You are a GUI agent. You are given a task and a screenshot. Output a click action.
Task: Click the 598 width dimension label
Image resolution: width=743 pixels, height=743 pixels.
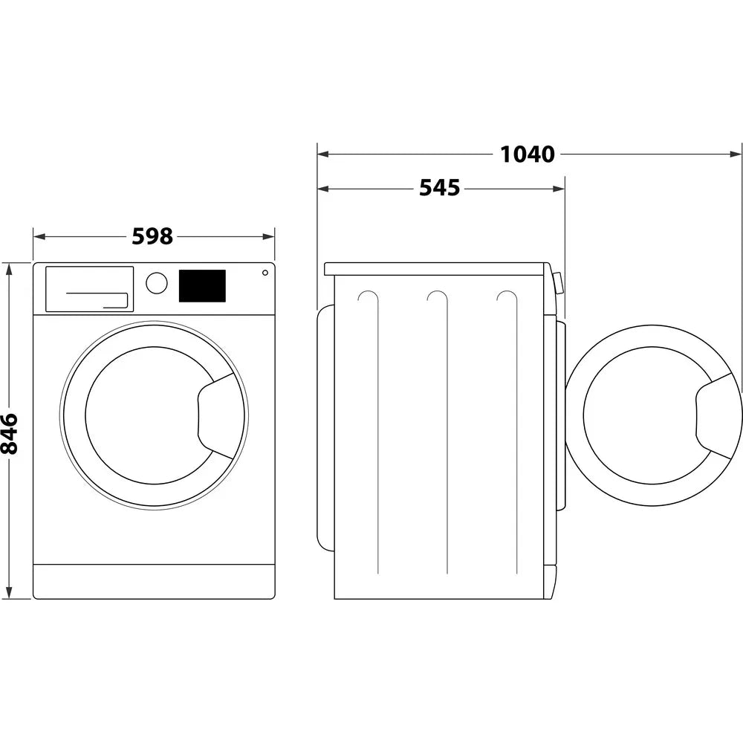click(152, 236)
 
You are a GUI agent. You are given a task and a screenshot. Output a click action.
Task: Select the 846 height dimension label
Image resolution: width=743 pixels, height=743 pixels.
click(10, 433)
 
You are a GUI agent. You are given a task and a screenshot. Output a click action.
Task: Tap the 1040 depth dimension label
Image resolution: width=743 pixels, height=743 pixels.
click(527, 154)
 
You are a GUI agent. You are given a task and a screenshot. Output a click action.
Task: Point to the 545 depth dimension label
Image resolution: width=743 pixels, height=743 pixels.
click(439, 188)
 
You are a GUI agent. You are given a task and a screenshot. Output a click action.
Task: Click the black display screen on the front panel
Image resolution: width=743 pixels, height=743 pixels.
click(202, 286)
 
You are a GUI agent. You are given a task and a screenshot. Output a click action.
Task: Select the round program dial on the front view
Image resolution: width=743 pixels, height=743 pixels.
click(157, 283)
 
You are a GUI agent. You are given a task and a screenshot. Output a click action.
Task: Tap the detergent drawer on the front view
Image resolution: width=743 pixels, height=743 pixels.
click(89, 288)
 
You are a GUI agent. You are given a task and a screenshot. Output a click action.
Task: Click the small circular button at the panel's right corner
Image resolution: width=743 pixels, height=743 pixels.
click(265, 273)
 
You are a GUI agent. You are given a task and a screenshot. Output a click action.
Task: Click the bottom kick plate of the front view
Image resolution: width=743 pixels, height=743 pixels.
click(154, 581)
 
